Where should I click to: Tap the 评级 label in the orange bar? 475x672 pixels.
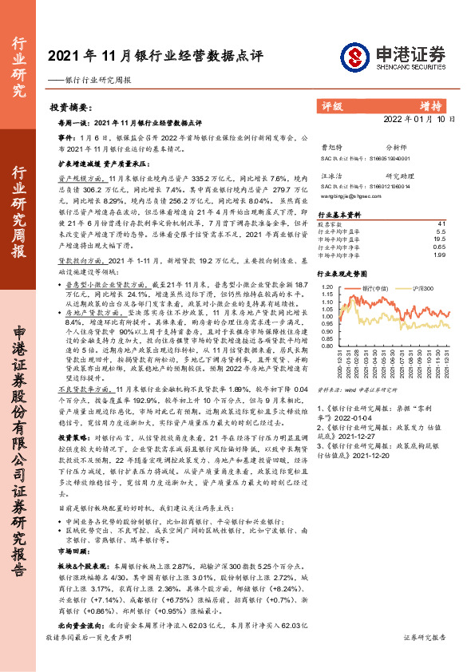[332, 105]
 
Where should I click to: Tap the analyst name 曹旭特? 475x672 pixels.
[330, 147]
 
